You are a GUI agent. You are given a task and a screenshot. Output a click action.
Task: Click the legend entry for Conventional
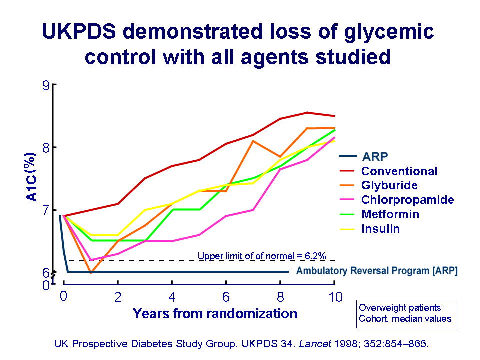coord(399,171)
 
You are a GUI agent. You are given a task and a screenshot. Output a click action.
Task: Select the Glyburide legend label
coord(389,185)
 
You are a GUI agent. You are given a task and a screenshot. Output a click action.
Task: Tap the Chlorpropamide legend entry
coord(407,200)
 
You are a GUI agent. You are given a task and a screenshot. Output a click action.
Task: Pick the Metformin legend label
coord(390,214)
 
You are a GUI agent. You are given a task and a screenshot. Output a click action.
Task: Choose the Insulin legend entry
coord(381,229)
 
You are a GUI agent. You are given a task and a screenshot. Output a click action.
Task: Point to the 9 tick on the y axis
coord(46,85)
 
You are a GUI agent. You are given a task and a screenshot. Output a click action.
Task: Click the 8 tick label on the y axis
coord(46,148)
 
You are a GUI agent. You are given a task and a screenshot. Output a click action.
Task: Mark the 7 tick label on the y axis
coord(46,210)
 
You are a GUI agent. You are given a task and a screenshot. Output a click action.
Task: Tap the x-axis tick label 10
coord(335,297)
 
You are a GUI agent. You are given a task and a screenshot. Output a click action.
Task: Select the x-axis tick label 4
coord(172,297)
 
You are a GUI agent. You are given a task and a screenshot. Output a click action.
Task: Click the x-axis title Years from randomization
coord(215,314)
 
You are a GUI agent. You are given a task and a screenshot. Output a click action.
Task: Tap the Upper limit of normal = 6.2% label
coord(262,256)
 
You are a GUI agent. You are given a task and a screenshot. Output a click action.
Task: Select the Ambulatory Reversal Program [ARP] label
coord(377,271)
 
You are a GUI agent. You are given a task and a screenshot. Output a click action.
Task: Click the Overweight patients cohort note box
coord(406,313)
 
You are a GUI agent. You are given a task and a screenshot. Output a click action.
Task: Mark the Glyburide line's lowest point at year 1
coord(90,273)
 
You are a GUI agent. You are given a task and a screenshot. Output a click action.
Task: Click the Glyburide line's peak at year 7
coord(253,141)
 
